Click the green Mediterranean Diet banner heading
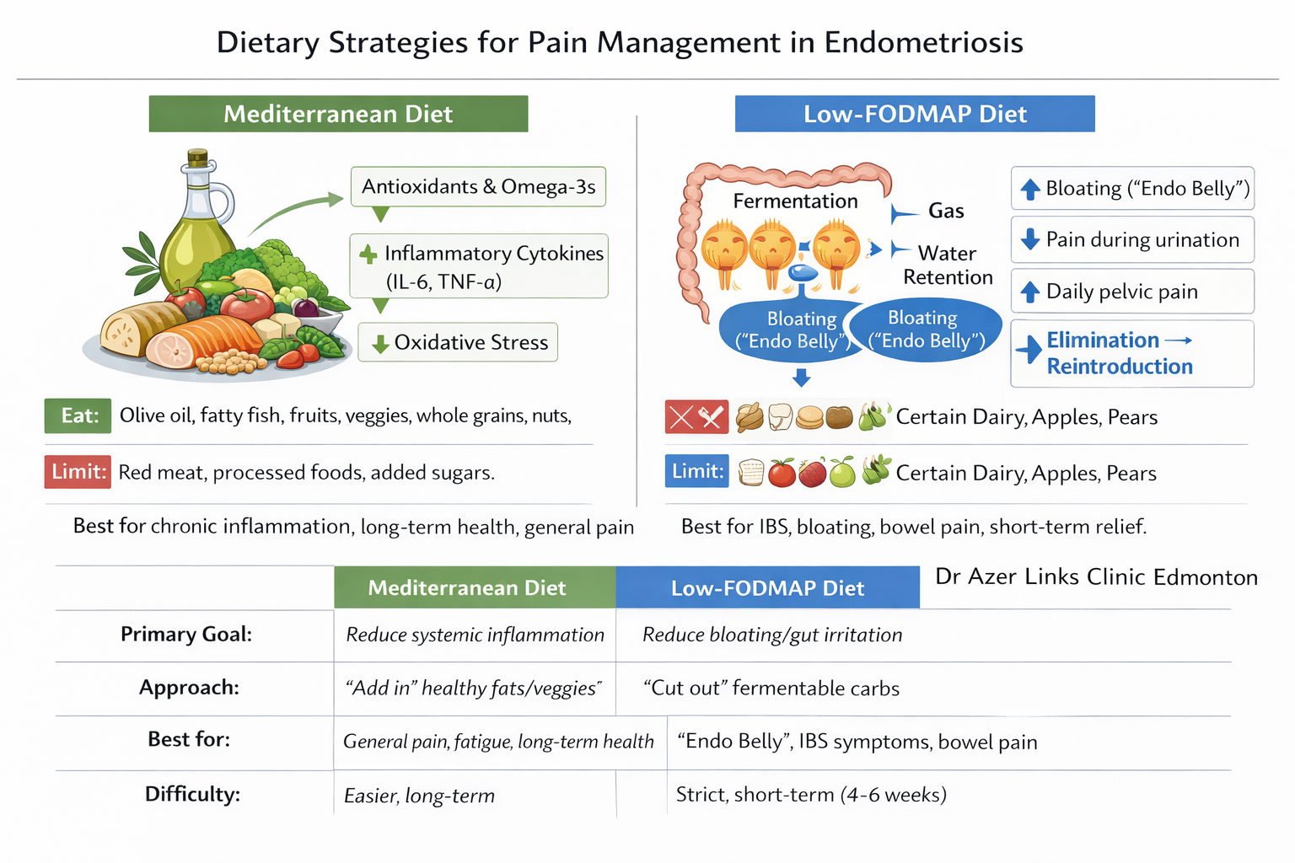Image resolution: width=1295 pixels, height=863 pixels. point(338,114)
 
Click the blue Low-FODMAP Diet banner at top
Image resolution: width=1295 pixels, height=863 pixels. point(915,114)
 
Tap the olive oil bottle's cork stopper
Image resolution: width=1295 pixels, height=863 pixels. point(197,158)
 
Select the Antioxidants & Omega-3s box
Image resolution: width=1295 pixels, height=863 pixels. point(478,186)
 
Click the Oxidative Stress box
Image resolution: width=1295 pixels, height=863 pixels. point(458,342)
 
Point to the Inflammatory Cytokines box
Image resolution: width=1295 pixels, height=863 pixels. point(479,266)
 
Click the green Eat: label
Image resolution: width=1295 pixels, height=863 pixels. point(78,415)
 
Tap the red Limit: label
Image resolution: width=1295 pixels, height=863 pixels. point(78,471)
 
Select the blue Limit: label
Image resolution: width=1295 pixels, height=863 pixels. point(697,471)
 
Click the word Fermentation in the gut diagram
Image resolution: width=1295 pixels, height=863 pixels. point(795,201)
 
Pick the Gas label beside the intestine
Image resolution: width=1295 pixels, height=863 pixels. point(946,211)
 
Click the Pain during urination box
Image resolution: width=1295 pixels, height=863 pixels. point(1132,240)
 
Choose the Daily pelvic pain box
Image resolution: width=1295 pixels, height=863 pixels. point(1132,292)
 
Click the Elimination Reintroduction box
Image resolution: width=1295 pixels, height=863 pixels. point(1132,353)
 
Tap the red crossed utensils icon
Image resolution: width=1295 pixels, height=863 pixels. point(696,416)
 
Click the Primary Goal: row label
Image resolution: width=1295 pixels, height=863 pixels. point(186,635)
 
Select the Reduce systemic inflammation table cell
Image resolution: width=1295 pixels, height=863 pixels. point(475,635)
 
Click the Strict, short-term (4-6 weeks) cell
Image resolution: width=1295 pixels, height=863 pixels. point(811,795)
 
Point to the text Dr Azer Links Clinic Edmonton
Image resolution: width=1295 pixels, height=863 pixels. point(1096,577)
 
